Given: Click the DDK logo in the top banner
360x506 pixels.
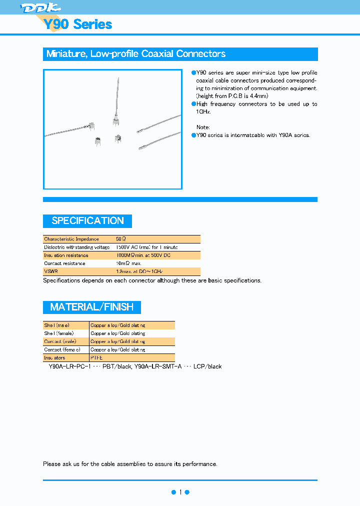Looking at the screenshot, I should pyautogui.click(x=40, y=7).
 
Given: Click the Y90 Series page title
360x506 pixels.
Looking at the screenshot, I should pyautogui.click(x=77, y=24).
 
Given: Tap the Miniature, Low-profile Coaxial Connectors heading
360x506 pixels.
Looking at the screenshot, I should pyautogui.click(x=135, y=54).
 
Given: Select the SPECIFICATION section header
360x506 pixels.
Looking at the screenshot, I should pyautogui.click(x=87, y=221).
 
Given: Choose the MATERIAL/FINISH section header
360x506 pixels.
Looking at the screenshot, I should pyautogui.click(x=91, y=307).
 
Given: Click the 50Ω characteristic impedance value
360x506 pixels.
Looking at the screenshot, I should pyautogui.click(x=121, y=239).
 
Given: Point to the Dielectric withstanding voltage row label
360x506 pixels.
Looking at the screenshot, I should pyautogui.click(x=76, y=247).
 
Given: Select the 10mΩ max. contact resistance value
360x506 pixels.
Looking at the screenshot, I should pyautogui.click(x=128, y=263).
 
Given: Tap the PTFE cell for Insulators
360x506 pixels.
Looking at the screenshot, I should pyautogui.click(x=96, y=358).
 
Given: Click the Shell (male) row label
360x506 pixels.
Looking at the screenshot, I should pyautogui.click(x=56, y=325).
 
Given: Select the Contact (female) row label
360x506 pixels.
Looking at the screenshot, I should pyautogui.click(x=61, y=350).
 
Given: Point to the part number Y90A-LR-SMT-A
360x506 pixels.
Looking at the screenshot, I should pyautogui.click(x=158, y=366).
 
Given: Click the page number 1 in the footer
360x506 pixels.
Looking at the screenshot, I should pyautogui.click(x=180, y=492).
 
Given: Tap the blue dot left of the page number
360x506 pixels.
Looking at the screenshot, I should pyautogui.click(x=173, y=492).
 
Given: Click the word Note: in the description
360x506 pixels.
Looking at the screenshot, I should pyautogui.click(x=203, y=127).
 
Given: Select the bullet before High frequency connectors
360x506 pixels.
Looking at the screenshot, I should pyautogui.click(x=193, y=104).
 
